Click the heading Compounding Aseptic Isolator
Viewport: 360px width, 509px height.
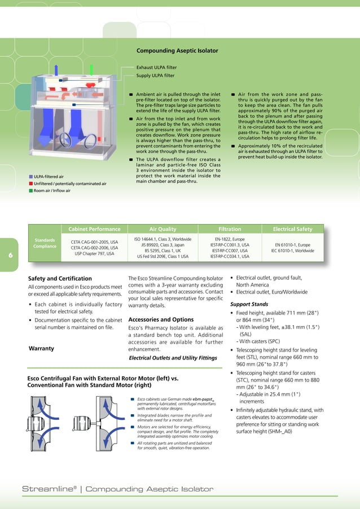177,51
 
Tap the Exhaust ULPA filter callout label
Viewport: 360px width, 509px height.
156,67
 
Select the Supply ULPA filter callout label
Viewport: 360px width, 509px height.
155,75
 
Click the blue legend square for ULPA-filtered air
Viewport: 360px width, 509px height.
31,177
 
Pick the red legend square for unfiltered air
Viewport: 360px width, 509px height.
31,183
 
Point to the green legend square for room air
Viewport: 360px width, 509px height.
31,191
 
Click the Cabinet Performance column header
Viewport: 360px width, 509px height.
94,229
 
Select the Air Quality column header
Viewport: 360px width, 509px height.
163,229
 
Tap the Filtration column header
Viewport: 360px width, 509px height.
230,229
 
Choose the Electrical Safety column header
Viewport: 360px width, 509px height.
292,229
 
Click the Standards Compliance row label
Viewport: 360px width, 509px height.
45,243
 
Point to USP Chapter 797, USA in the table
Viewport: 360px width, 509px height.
94,254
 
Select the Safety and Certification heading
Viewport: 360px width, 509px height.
60,278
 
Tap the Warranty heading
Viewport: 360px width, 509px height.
41,348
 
